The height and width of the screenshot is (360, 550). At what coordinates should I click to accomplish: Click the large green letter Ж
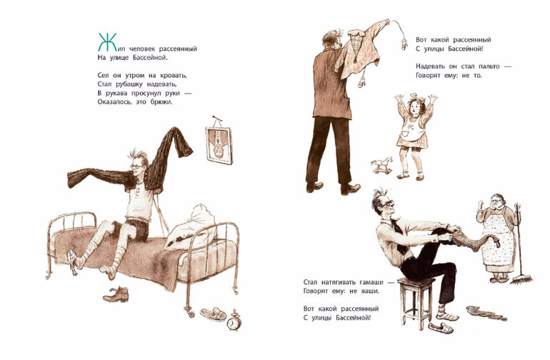pyautogui.click(x=106, y=41)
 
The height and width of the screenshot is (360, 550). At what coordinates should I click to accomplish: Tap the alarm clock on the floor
pyautogui.click(x=233, y=321)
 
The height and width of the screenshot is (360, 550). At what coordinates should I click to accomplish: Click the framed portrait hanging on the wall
pyautogui.click(x=219, y=143)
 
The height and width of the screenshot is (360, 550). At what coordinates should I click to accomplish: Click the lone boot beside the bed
pyautogui.click(x=116, y=294)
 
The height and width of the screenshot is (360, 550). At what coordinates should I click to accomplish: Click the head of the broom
pyautogui.click(x=521, y=280)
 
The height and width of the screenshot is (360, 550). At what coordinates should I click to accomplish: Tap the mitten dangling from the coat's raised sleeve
pyautogui.click(x=404, y=44)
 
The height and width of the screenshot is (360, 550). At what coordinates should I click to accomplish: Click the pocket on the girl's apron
pyautogui.click(x=404, y=135)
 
